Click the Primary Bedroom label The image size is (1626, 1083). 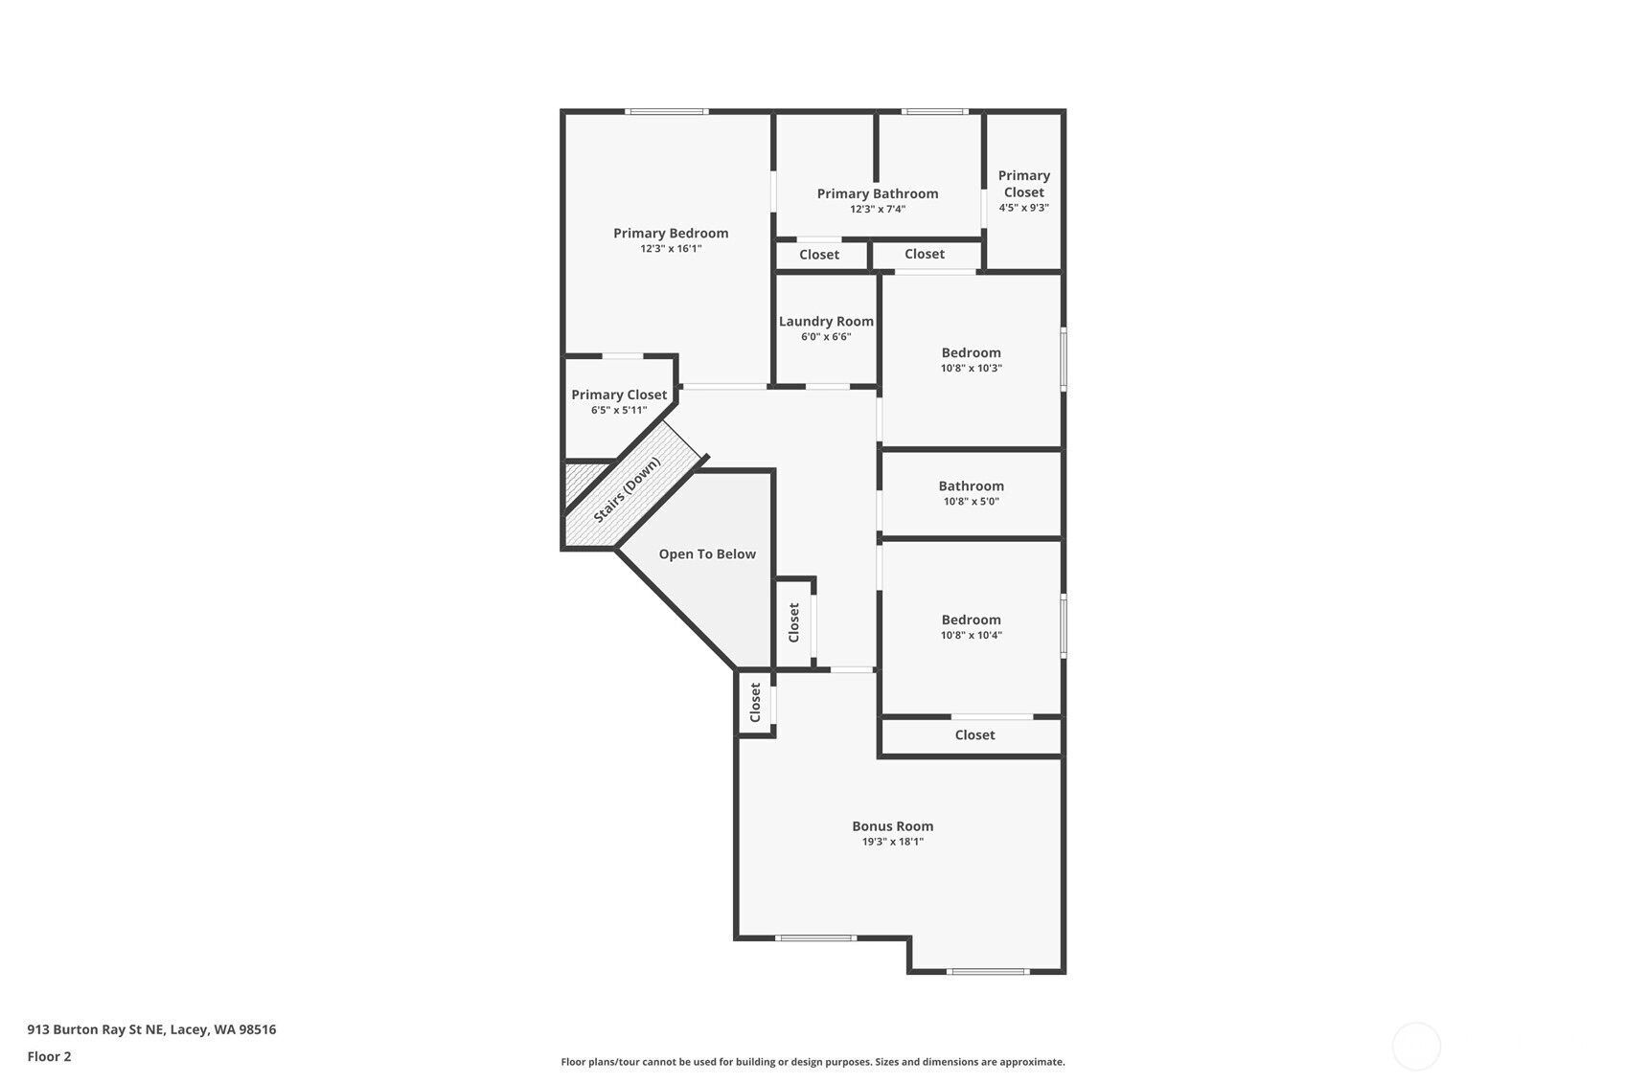pyautogui.click(x=671, y=233)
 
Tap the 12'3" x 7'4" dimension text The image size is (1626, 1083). pyautogui.click(x=878, y=209)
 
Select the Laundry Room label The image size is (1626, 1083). pyautogui.click(x=826, y=321)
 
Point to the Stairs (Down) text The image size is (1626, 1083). pyautogui.click(x=628, y=489)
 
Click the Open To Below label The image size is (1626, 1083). pyautogui.click(x=707, y=554)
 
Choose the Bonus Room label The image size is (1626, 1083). pyautogui.click(x=893, y=826)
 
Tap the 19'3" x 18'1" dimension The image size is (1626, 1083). pyautogui.click(x=893, y=842)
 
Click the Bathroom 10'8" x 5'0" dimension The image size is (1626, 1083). pyautogui.click(x=972, y=501)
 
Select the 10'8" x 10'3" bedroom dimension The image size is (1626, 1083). pyautogui.click(x=972, y=368)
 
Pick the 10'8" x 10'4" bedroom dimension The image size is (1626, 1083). pyautogui.click(x=972, y=635)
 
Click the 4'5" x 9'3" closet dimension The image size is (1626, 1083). pyautogui.click(x=1023, y=208)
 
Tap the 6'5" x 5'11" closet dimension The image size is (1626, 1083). pyautogui.click(x=618, y=410)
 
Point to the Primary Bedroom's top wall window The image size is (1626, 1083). pyautogui.click(x=666, y=112)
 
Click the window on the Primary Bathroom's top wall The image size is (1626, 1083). pyautogui.click(x=935, y=112)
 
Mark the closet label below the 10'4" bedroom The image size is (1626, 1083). pyautogui.click(x=974, y=734)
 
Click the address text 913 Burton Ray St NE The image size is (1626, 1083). pyautogui.click(x=95, y=1029)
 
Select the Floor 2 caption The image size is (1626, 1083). pyautogui.click(x=50, y=1056)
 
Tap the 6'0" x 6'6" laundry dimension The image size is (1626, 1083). pyautogui.click(x=826, y=336)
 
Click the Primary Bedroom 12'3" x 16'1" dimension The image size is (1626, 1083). pyautogui.click(x=671, y=249)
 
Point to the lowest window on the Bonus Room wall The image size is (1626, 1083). pyautogui.click(x=988, y=971)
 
